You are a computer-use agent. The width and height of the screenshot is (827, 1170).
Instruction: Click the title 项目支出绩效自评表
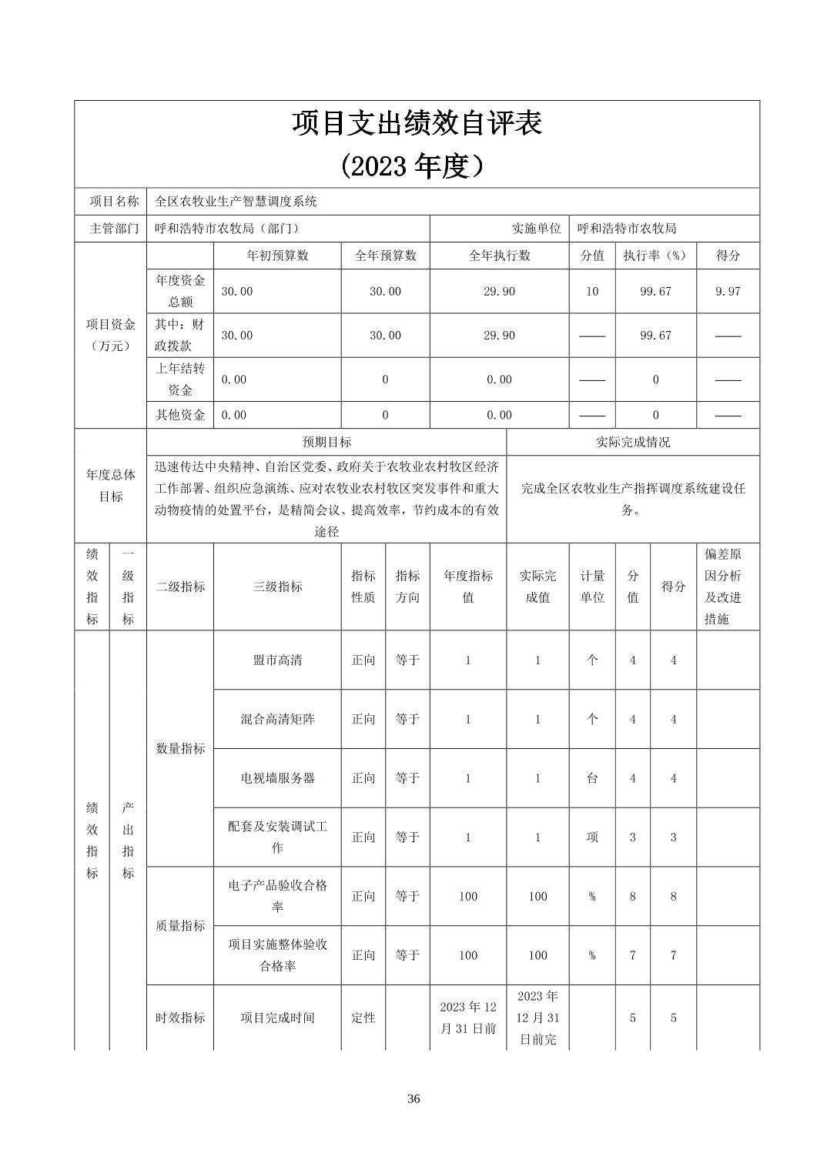417,124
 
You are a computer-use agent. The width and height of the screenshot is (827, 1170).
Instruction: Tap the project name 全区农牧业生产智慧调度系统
236,202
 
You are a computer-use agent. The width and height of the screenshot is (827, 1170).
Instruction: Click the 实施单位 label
536,229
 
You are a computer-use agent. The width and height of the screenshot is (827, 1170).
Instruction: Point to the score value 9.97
728,292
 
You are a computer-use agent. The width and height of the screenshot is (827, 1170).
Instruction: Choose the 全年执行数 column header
499,256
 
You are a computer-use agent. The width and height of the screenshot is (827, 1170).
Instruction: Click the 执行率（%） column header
655,256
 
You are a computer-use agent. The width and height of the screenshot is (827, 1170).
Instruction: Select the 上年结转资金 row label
180,379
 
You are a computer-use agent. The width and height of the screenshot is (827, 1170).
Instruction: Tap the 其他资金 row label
180,415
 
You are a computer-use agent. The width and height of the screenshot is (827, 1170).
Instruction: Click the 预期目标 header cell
326,443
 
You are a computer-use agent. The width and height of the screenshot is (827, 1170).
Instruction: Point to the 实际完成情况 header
633,443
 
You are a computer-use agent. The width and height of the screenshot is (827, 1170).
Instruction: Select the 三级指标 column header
277,587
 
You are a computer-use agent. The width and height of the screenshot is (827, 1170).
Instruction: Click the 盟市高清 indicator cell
277,660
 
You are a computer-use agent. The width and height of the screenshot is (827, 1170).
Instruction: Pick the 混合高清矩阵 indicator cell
277,719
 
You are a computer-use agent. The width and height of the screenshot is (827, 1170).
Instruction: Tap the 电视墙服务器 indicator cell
277,778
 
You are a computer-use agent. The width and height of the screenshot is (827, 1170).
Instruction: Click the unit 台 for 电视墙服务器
592,778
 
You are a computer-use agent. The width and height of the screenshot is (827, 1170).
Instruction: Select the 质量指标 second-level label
180,926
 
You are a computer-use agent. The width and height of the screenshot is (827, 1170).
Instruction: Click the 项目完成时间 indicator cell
277,1018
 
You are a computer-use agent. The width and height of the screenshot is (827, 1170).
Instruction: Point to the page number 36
413,1098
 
